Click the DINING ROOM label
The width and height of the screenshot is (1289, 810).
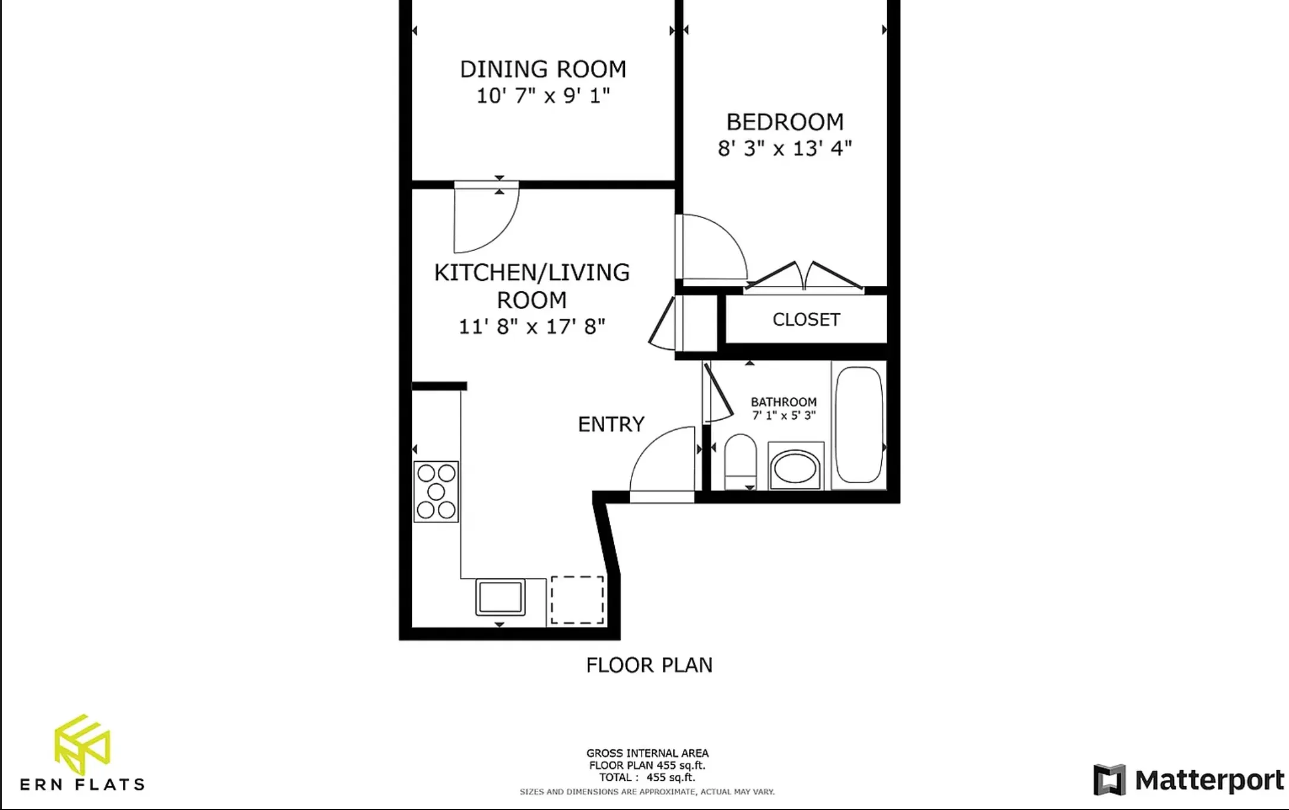542,69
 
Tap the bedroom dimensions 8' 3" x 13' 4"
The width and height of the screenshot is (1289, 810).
785,148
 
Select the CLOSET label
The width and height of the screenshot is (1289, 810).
806,320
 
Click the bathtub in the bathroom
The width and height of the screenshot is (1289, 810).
858,425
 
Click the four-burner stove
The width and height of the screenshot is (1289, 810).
436,492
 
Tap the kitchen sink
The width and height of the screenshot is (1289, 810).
500,597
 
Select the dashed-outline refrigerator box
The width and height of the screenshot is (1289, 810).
577,599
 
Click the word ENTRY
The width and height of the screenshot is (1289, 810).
611,425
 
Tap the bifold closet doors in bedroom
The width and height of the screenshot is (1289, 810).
804,278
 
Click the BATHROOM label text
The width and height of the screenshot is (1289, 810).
783,402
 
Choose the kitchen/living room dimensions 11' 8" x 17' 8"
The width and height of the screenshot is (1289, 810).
532,327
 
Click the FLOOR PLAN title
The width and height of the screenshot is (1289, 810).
649,665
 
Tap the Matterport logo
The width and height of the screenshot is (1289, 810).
1188,780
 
